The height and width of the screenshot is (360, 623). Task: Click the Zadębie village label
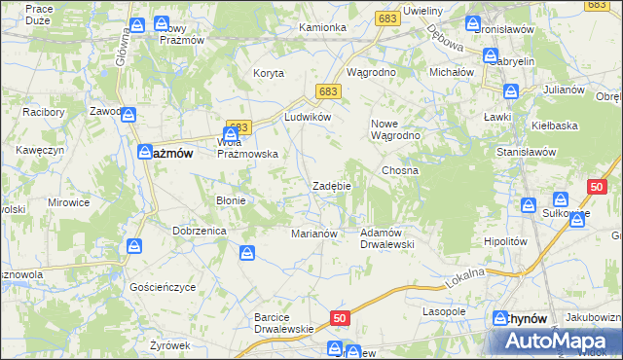tap(331, 186)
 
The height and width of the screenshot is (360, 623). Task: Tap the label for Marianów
tap(314, 234)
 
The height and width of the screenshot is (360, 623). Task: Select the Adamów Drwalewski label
tap(387, 238)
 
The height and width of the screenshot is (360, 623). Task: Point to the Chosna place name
tap(400, 170)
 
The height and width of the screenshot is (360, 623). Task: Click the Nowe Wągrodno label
tap(394, 129)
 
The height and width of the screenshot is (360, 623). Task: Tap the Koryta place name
tap(269, 74)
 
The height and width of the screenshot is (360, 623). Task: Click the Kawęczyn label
tap(40, 150)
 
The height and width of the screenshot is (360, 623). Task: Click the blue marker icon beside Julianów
tap(511, 92)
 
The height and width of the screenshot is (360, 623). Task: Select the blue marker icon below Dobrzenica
tap(248, 254)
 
